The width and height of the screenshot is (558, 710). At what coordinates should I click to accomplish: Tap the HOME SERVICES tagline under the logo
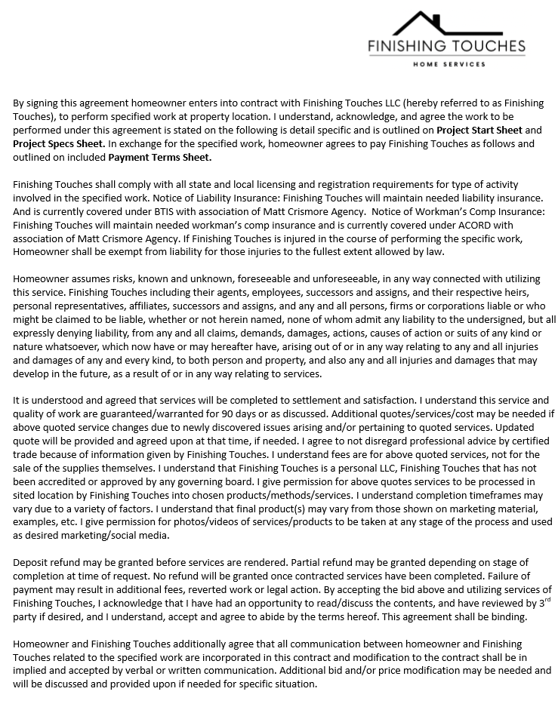point(447,65)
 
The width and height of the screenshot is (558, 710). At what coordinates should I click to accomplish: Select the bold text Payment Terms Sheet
point(160,158)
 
